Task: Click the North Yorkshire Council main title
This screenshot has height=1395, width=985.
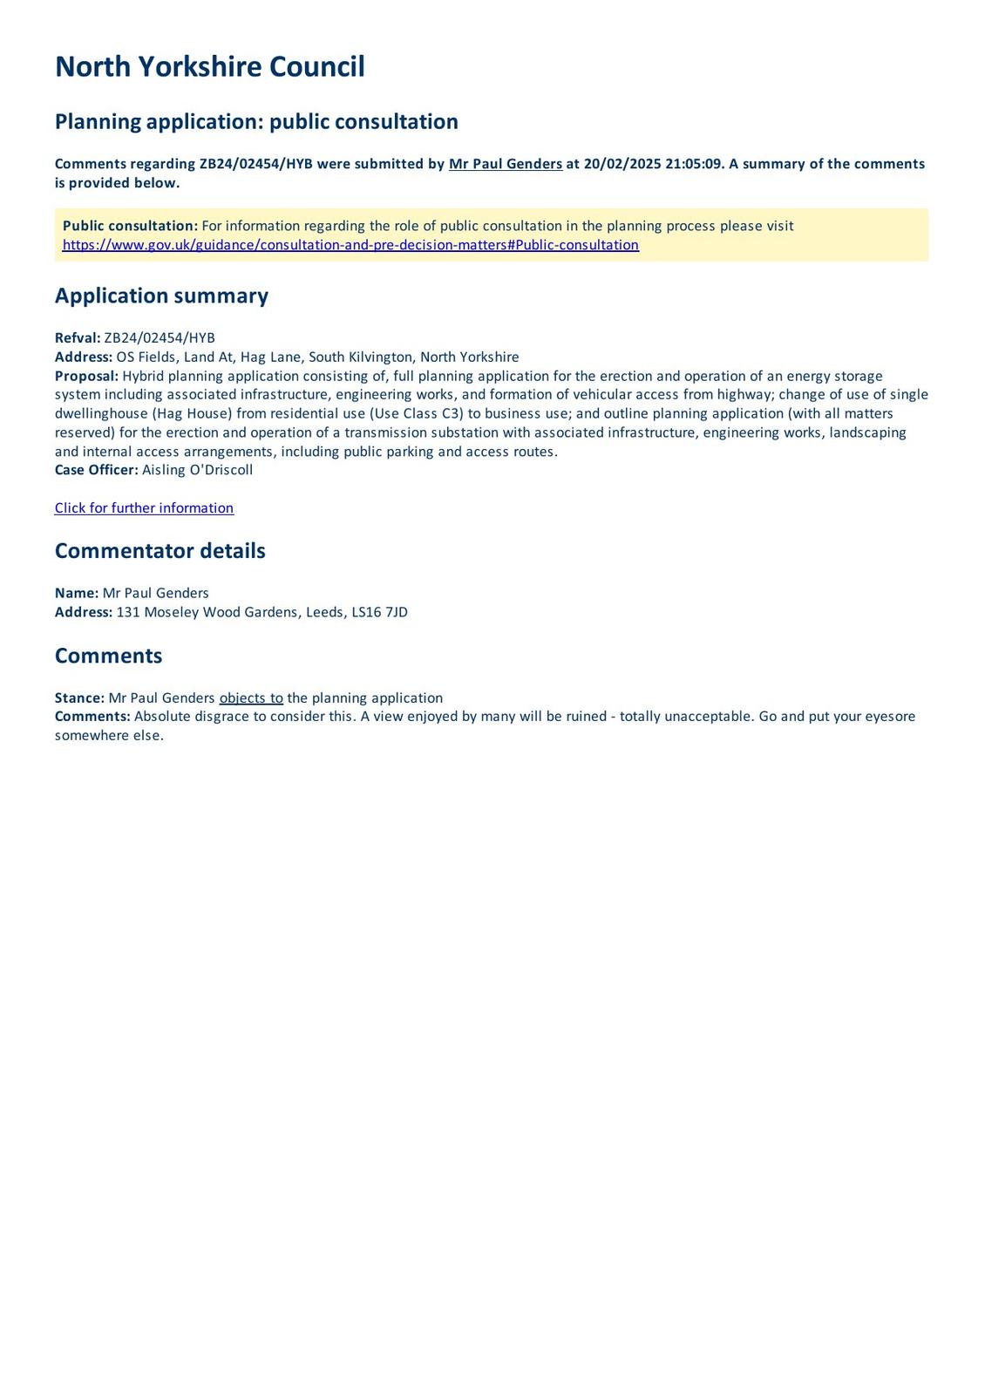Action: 209,67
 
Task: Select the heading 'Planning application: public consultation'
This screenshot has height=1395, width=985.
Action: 256,122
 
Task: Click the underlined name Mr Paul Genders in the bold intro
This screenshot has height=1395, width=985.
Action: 505,164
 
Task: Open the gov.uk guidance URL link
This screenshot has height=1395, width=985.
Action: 350,245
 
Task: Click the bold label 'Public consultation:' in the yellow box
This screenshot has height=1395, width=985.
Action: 130,226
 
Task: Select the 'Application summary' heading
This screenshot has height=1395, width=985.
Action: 161,296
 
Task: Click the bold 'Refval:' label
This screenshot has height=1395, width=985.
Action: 78,338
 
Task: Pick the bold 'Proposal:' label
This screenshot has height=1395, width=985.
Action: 86,376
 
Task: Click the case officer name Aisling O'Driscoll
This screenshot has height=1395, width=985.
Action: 197,470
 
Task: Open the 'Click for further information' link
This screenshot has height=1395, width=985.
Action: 144,508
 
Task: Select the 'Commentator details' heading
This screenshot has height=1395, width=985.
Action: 160,551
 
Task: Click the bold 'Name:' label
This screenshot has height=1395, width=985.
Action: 77,593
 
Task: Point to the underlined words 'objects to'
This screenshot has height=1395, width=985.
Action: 251,698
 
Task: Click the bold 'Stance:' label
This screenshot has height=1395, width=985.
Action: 79,698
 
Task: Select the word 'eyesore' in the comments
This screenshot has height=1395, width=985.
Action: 890,717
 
